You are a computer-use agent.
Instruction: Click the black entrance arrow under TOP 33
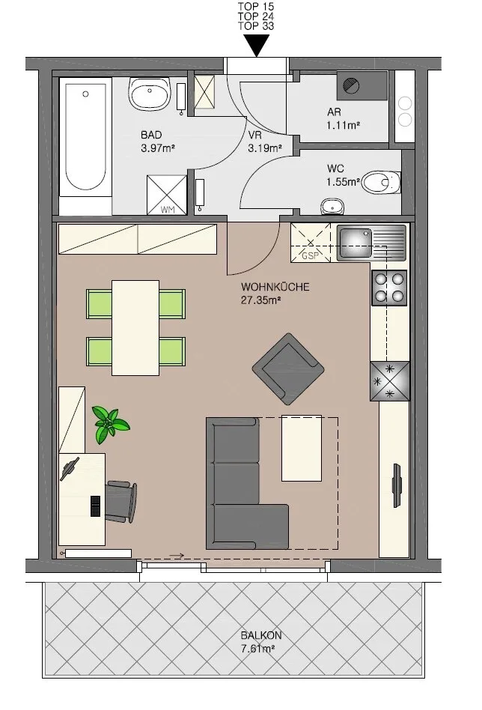(x=256, y=45)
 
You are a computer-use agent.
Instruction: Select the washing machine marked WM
(x=167, y=195)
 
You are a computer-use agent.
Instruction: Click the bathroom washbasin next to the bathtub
(x=150, y=94)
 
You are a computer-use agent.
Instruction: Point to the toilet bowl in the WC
(x=381, y=183)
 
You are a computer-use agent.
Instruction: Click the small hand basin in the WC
(x=332, y=207)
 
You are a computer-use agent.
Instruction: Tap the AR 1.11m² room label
(x=343, y=118)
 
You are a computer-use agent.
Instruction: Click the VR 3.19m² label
(x=265, y=142)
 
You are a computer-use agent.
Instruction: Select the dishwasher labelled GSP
(x=311, y=243)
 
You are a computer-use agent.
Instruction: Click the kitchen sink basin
(x=356, y=243)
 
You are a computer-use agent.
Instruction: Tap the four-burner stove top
(x=389, y=288)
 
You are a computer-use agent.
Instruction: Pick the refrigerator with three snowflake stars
(x=390, y=381)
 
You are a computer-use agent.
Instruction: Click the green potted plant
(x=109, y=424)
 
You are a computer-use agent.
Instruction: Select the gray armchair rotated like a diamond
(x=288, y=369)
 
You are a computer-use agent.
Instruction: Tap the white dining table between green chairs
(x=135, y=328)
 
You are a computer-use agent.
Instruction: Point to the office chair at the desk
(x=120, y=502)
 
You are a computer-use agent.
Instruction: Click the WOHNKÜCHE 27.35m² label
(x=275, y=293)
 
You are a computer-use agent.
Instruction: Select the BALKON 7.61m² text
(x=261, y=642)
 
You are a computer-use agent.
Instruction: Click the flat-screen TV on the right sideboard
(x=397, y=485)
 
